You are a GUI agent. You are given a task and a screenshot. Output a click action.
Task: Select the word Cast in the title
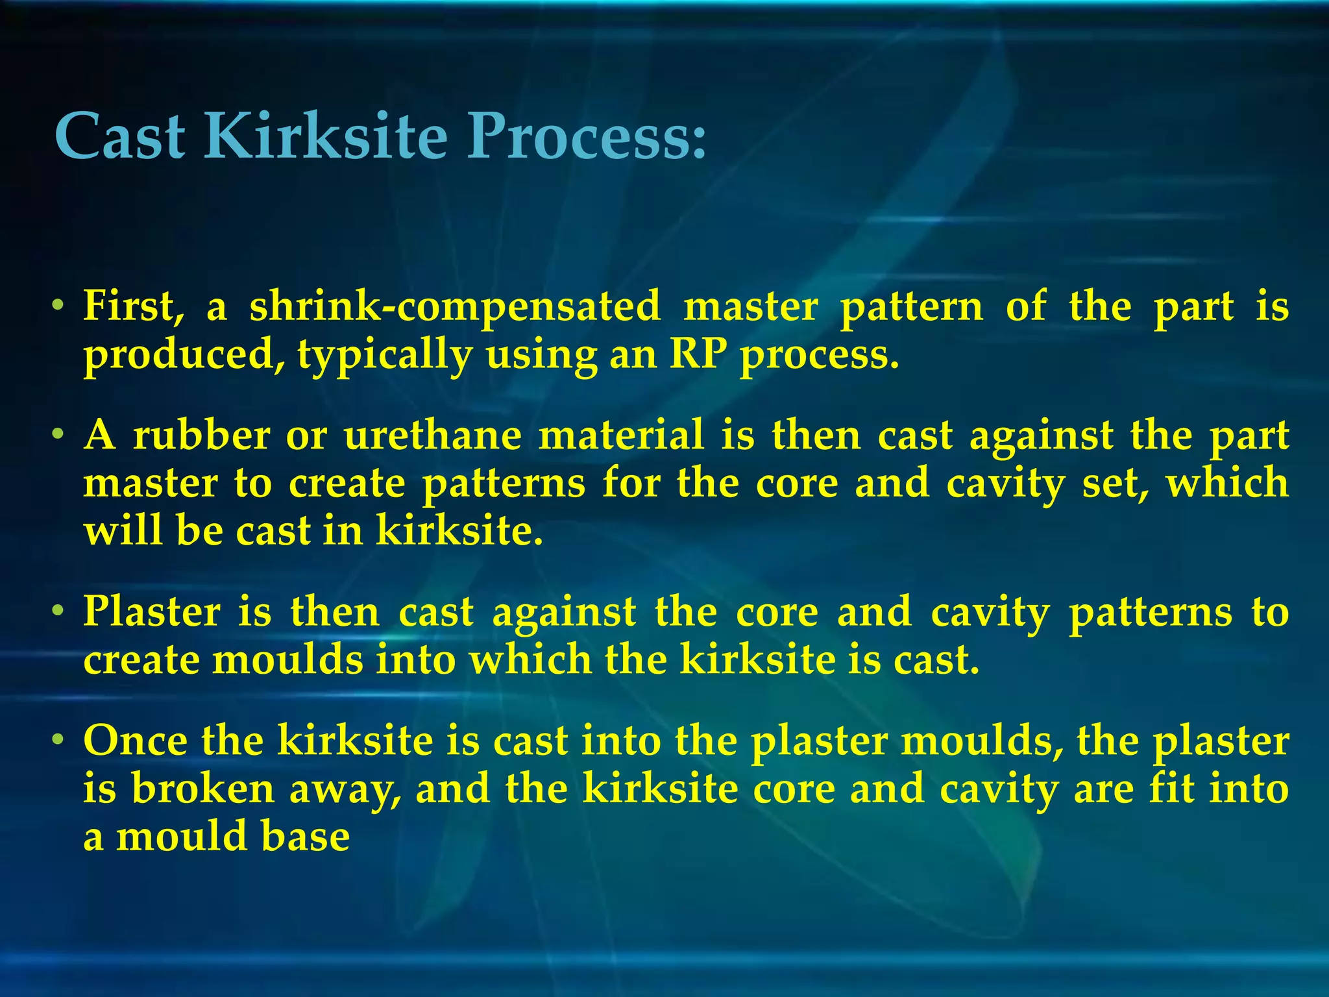[x=121, y=136]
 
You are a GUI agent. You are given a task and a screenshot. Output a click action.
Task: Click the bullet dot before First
[x=58, y=305]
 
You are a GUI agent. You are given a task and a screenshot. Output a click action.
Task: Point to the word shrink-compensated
[x=454, y=306]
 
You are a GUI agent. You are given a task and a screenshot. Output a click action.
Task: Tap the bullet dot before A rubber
[x=58, y=433]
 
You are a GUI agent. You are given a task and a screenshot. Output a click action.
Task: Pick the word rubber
[x=201, y=435]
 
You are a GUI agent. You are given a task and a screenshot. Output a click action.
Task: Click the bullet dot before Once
[x=58, y=739]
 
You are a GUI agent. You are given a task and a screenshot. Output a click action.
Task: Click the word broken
[x=203, y=789]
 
